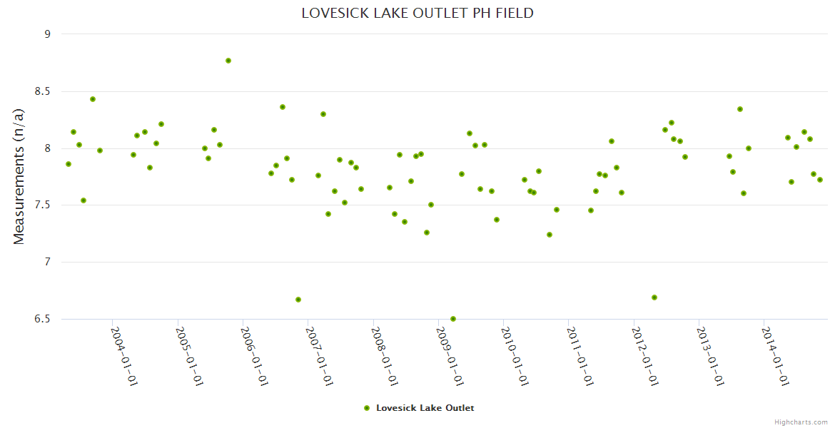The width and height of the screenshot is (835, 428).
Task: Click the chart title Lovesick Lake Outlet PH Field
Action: pyautogui.click(x=417, y=13)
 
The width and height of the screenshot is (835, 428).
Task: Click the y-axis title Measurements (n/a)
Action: pyautogui.click(x=19, y=176)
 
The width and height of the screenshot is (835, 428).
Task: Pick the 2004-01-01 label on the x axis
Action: pyautogui.click(x=123, y=357)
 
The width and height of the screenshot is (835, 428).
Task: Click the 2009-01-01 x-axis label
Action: pyautogui.click(x=449, y=357)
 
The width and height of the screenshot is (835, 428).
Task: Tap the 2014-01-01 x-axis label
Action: pyautogui.click(x=774, y=357)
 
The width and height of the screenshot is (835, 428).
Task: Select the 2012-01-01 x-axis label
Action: pyautogui.click(x=644, y=357)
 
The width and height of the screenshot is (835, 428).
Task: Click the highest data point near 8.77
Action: pyautogui.click(x=228, y=61)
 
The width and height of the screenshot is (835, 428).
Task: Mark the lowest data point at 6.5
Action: pyautogui.click(x=453, y=319)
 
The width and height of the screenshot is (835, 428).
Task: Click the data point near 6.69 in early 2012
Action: pyautogui.click(x=654, y=297)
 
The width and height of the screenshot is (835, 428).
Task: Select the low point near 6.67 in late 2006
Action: pyautogui.click(x=298, y=300)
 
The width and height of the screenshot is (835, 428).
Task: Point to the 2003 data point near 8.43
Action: pyautogui.click(x=93, y=99)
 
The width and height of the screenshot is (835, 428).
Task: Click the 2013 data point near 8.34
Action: pyautogui.click(x=740, y=109)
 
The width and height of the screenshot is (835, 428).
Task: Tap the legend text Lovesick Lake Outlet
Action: pyautogui.click(x=425, y=408)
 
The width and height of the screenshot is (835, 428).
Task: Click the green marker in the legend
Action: pyautogui.click(x=367, y=408)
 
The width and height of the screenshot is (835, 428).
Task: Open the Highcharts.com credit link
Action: pyautogui.click(x=801, y=422)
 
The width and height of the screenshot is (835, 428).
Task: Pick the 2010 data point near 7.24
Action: pyautogui.click(x=550, y=235)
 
